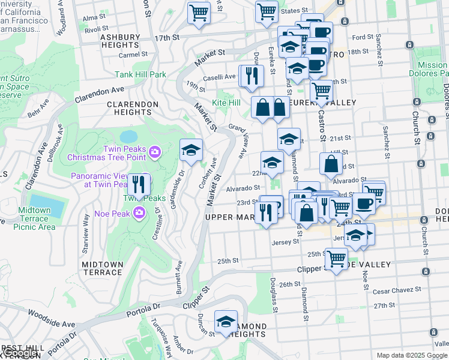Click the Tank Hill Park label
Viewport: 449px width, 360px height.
coord(140,75)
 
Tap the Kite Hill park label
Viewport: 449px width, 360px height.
coord(226,103)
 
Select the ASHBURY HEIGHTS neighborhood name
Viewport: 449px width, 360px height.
coord(119,41)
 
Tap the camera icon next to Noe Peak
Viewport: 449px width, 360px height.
coord(140,212)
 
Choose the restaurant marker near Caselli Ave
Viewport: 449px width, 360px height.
coord(252,76)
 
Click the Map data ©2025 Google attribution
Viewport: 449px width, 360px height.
coord(412,355)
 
